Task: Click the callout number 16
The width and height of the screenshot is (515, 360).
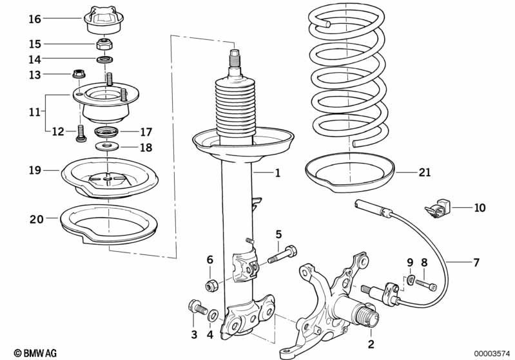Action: [x=34, y=19]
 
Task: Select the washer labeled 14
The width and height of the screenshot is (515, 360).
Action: [x=104, y=60]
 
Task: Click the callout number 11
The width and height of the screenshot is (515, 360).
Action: [x=34, y=111]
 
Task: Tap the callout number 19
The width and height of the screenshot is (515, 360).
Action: [x=34, y=170]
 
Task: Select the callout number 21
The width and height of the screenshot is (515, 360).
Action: [x=423, y=173]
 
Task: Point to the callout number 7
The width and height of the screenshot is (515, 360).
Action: [x=476, y=262]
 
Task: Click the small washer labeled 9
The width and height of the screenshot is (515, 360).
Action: [x=411, y=280]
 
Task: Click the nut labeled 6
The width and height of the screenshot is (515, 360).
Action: [x=210, y=285]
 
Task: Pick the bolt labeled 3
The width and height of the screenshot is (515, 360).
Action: [x=194, y=307]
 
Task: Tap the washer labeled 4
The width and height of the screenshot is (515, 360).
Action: [x=213, y=315]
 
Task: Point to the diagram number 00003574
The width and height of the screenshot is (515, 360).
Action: [x=489, y=353]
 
